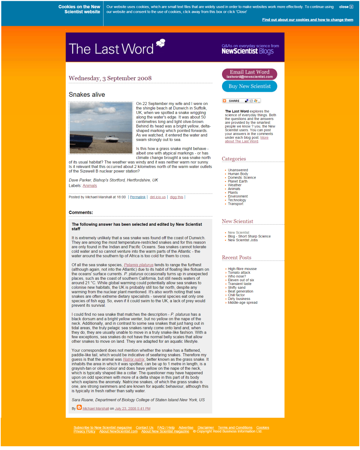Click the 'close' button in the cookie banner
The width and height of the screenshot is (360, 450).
pyautogui.click(x=346, y=7)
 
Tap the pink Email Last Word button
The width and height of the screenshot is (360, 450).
pyautogui.click(x=249, y=74)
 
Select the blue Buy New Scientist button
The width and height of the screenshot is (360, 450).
pyautogui.click(x=249, y=86)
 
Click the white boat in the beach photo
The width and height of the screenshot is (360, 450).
pyautogui.click(x=112, y=138)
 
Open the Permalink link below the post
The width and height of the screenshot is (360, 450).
pyautogui.click(x=138, y=197)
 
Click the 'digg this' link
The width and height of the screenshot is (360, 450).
pyautogui.click(x=176, y=197)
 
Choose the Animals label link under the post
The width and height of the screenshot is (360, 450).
pyautogui.click(x=90, y=186)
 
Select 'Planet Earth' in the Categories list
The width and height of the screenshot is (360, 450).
pyautogui.click(x=237, y=181)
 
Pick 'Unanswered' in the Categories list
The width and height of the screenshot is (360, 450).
pyautogui.click(x=238, y=170)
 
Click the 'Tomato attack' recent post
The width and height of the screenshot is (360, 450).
pyautogui.click(x=239, y=273)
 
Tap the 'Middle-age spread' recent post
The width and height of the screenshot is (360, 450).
pyautogui.click(x=243, y=303)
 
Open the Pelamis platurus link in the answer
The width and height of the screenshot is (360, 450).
pyautogui.click(x=139, y=265)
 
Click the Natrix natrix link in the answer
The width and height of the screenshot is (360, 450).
pyautogui.click(x=134, y=359)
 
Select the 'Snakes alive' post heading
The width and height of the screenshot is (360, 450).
pyautogui.click(x=87, y=94)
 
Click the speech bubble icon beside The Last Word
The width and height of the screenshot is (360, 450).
pyautogui.click(x=160, y=43)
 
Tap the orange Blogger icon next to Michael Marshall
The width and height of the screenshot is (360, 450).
pyautogui.click(x=79, y=408)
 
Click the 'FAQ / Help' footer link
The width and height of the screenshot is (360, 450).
pyautogui.click(x=166, y=427)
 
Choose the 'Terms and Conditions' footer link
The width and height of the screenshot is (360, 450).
pyautogui.click(x=235, y=427)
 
